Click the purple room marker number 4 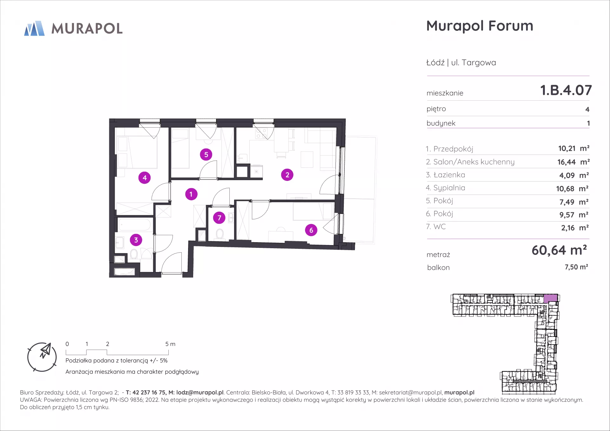145,178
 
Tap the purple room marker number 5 206,155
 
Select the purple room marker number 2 287,175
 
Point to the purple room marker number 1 191,194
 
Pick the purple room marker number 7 219,218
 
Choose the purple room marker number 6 311,230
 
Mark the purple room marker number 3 136,240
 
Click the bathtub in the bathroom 134,225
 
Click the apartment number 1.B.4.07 566,90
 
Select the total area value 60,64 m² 559,250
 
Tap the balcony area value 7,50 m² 576,267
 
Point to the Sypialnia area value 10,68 565,189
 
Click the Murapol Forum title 480,26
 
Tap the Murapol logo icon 34,28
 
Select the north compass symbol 42,357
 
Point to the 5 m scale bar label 170,344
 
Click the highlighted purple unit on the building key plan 551,298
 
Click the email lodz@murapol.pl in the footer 200,393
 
